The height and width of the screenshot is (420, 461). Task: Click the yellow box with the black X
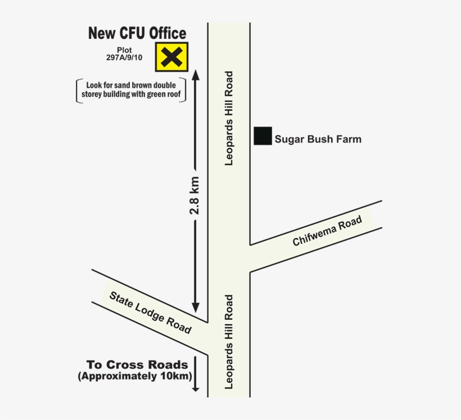172,57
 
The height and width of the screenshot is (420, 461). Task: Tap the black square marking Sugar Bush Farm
263,136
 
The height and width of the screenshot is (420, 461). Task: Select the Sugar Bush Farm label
318,139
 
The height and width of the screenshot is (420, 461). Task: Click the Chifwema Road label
327,232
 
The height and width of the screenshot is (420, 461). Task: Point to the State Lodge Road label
150,312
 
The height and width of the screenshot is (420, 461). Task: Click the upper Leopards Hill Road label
229,118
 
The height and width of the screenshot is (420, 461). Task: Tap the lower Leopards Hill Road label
229,342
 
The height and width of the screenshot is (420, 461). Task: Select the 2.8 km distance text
195,195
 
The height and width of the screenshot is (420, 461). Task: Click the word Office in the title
166,33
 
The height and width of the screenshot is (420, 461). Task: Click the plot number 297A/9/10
124,57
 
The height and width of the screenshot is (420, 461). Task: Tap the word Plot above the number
124,50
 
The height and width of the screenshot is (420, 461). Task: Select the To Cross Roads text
137,364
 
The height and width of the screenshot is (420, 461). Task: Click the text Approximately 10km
135,376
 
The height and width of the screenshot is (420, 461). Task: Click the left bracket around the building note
78,90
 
